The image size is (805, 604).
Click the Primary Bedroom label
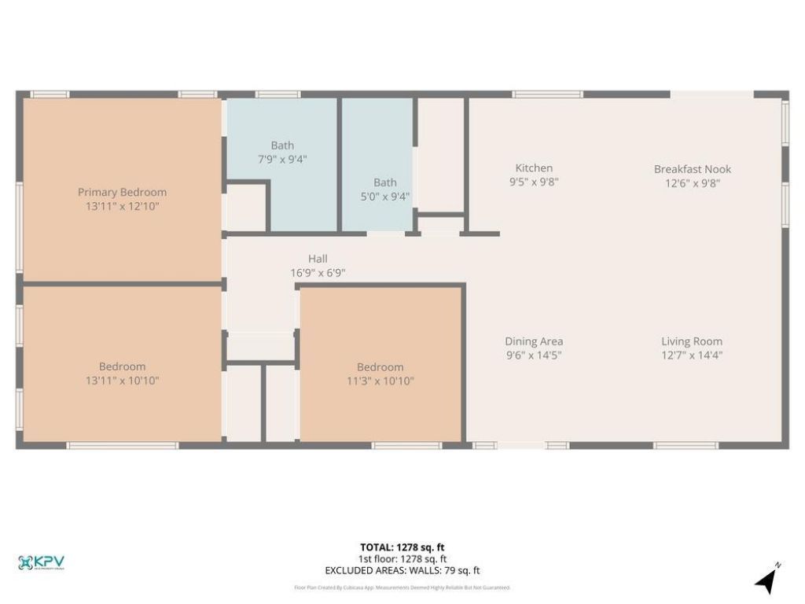point(122,192)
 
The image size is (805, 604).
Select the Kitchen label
point(534,168)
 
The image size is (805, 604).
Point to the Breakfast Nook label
point(693,169)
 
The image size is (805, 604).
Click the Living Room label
point(691,341)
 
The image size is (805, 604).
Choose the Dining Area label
point(534,341)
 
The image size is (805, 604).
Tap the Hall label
point(318,259)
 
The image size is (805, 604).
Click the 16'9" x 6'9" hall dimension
point(318,273)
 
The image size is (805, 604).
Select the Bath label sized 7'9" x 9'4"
point(282,145)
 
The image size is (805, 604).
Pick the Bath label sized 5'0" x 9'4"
point(385,182)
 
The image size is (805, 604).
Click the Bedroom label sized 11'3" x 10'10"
point(380,366)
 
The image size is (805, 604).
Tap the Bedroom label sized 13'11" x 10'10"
point(122,366)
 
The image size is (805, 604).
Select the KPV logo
point(41,562)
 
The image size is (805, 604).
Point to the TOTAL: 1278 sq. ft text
point(402,547)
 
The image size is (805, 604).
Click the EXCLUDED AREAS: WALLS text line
point(402,571)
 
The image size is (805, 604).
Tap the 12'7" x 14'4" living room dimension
point(691,355)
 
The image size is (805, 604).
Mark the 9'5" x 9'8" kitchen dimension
point(534,182)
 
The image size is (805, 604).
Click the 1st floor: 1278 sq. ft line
point(402,559)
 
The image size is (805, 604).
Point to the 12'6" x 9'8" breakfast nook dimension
point(693,183)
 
